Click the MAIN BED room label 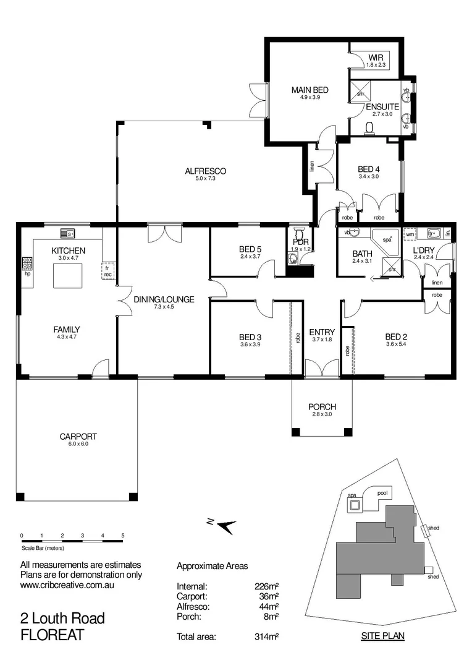coord(310,90)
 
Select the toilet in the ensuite coord(370,128)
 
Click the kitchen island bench coord(68,275)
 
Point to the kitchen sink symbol coord(68,233)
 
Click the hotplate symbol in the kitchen coord(28,265)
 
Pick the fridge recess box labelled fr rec coord(107,270)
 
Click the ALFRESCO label coord(198,171)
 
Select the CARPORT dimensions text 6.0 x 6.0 coord(78,444)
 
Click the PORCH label coord(322,406)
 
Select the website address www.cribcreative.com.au coord(69,584)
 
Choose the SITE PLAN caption coord(379,636)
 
